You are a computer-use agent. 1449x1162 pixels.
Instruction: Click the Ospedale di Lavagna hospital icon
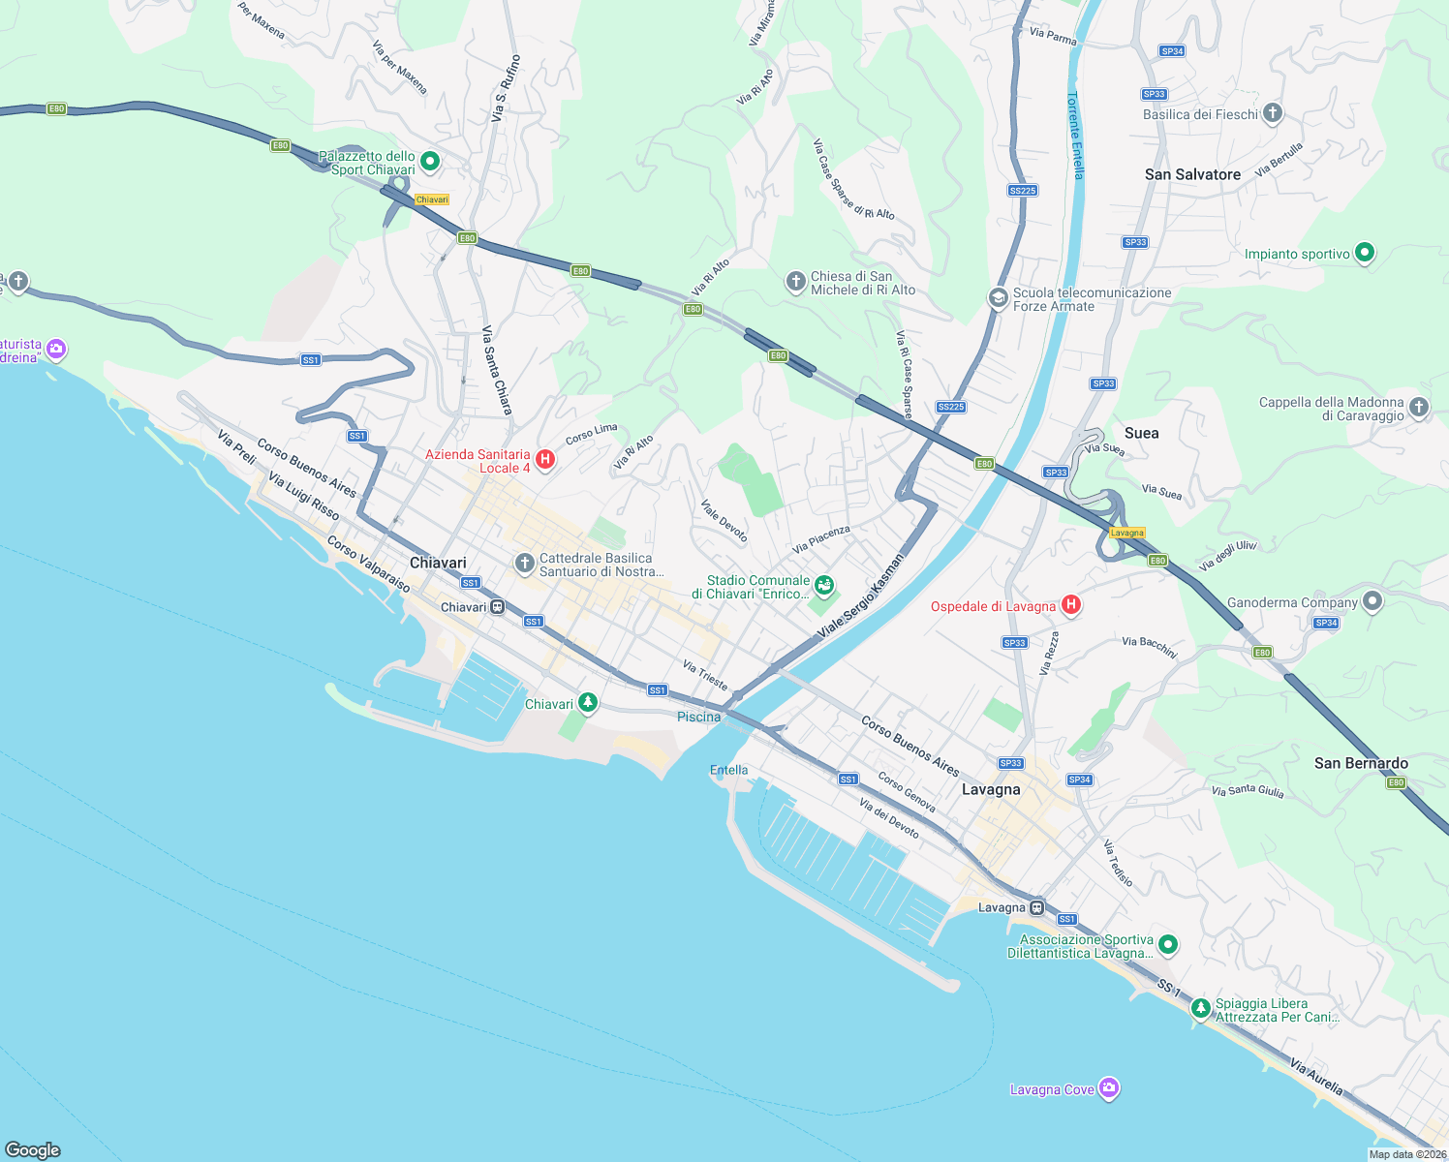[x=1070, y=605]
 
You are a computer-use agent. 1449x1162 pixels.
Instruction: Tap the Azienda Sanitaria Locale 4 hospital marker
[x=545, y=460]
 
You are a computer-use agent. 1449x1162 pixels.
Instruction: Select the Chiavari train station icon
[x=497, y=607]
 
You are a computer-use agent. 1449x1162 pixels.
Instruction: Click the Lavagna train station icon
[x=1036, y=907]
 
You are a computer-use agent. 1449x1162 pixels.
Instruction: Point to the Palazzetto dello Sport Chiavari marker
[x=430, y=162]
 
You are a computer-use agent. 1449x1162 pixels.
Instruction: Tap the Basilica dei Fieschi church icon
[x=1273, y=113]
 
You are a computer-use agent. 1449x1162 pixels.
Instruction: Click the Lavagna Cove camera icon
[x=1109, y=1088]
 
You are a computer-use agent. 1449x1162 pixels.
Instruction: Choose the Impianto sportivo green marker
[x=1365, y=253]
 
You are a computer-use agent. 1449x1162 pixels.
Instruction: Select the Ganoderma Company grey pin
[x=1372, y=601]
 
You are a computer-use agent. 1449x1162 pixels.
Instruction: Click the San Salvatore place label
[x=1192, y=174]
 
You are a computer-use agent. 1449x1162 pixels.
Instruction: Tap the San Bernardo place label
[x=1361, y=763]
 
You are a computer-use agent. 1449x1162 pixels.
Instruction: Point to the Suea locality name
[x=1141, y=433]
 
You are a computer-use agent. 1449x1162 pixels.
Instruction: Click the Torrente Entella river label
[x=1075, y=136]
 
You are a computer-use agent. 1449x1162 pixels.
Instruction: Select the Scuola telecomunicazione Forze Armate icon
[x=998, y=298]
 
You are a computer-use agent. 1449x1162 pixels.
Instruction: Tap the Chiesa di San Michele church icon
[x=795, y=282]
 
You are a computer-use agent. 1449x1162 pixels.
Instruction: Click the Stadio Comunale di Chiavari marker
[x=823, y=585]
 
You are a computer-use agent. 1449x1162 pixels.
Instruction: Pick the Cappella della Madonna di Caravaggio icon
[x=1419, y=408]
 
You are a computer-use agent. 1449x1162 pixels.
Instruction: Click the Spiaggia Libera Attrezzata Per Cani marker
[x=1200, y=1009]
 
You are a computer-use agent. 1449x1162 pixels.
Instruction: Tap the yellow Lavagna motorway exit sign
[x=1127, y=533]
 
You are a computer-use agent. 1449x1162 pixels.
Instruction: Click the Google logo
[x=33, y=1149]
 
